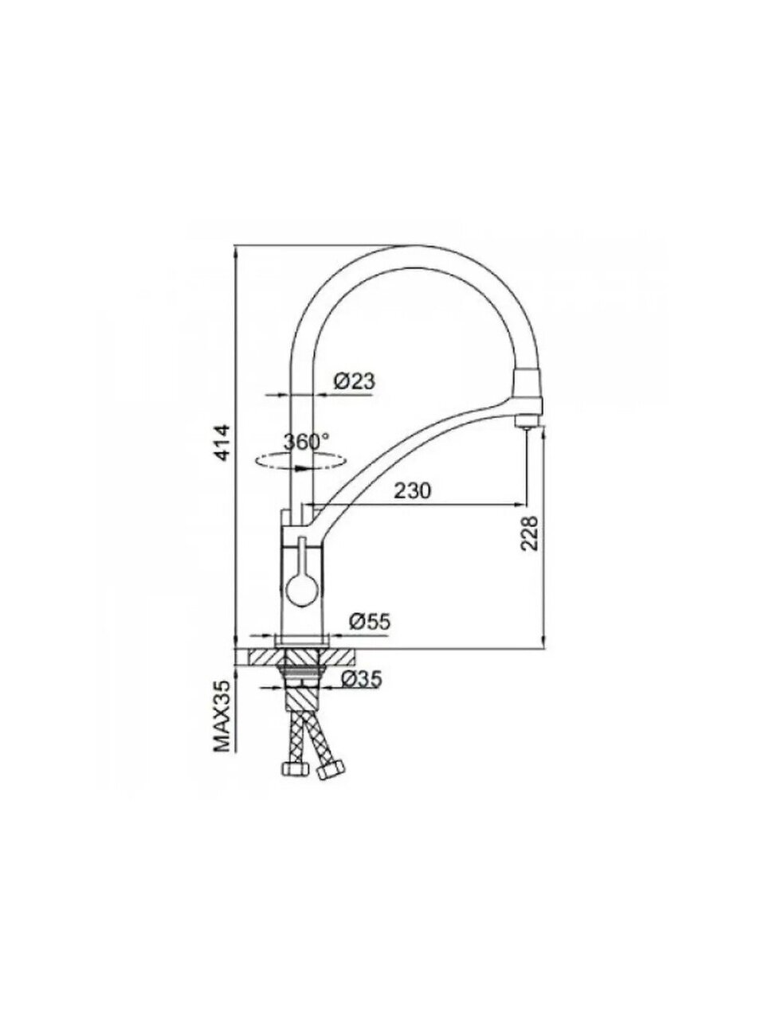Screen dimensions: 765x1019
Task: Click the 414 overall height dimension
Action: click(x=224, y=442)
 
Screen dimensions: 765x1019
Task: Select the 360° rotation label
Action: click(x=307, y=442)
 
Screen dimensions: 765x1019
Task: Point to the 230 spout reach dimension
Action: click(x=413, y=491)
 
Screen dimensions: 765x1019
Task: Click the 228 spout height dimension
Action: click(x=529, y=533)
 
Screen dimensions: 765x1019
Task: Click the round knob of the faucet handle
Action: click(x=300, y=592)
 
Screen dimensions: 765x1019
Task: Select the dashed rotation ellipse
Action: click(x=301, y=460)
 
